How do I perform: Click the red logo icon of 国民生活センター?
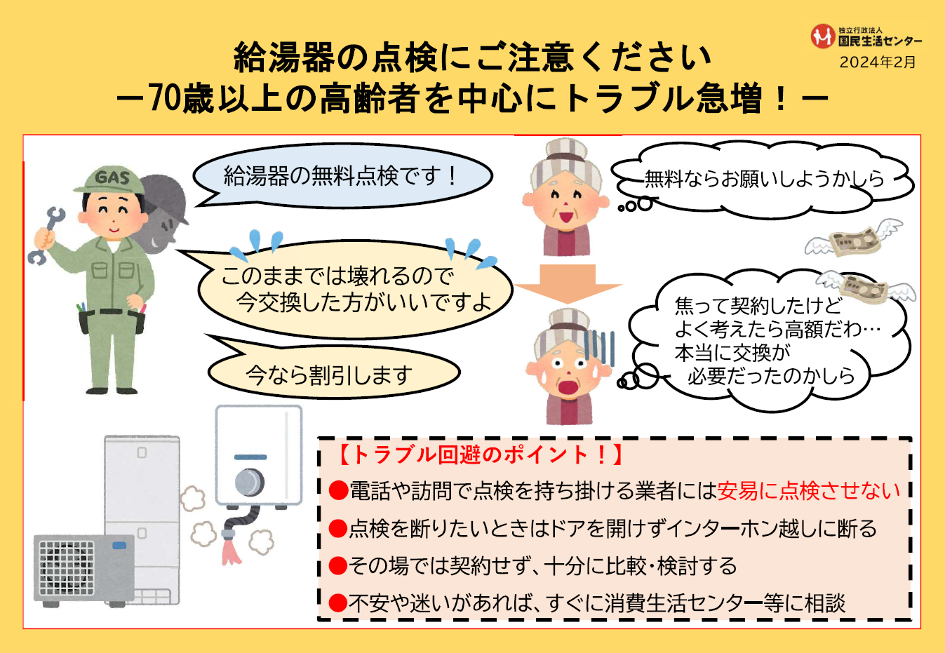pos(822,36)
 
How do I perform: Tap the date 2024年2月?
pos(877,62)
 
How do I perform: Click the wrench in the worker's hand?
pos(47,236)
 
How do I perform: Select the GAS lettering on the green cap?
pos(112,177)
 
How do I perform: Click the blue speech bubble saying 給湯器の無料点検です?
pos(342,176)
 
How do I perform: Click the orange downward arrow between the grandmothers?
pos(568,283)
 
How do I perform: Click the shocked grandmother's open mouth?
pos(568,387)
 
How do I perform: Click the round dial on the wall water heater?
pos(249,482)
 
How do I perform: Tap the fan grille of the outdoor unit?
pos(66,568)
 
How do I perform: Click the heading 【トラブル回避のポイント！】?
pos(481,455)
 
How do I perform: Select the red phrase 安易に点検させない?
pos(808,491)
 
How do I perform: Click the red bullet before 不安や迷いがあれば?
pos(338,603)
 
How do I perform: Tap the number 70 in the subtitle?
pos(166,98)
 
